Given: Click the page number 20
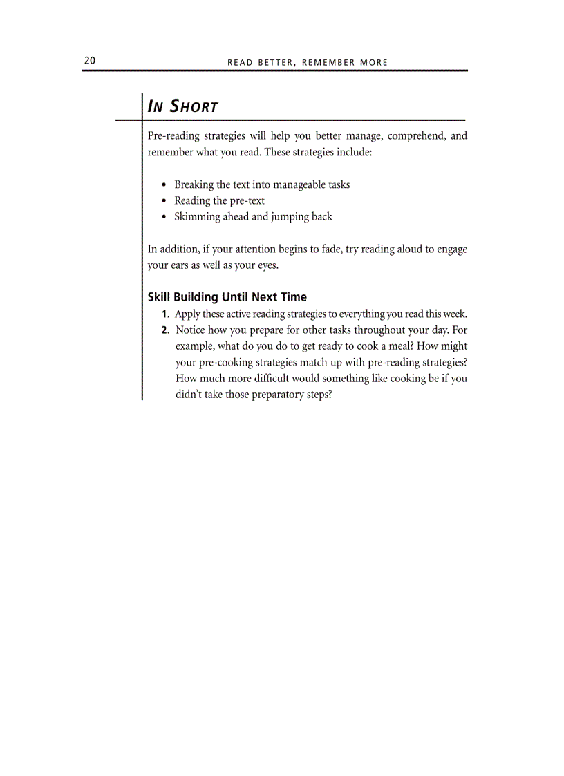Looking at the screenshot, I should coord(90,61).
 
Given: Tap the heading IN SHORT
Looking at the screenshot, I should coord(183,106).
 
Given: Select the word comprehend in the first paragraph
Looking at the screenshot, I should coord(416,136).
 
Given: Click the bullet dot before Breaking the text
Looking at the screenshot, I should coord(163,185).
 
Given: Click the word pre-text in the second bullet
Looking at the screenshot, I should coord(247,201).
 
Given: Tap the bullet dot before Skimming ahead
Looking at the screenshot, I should coord(163,217).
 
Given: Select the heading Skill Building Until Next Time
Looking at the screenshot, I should coord(227,297).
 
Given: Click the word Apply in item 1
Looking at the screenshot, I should coord(188,314).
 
